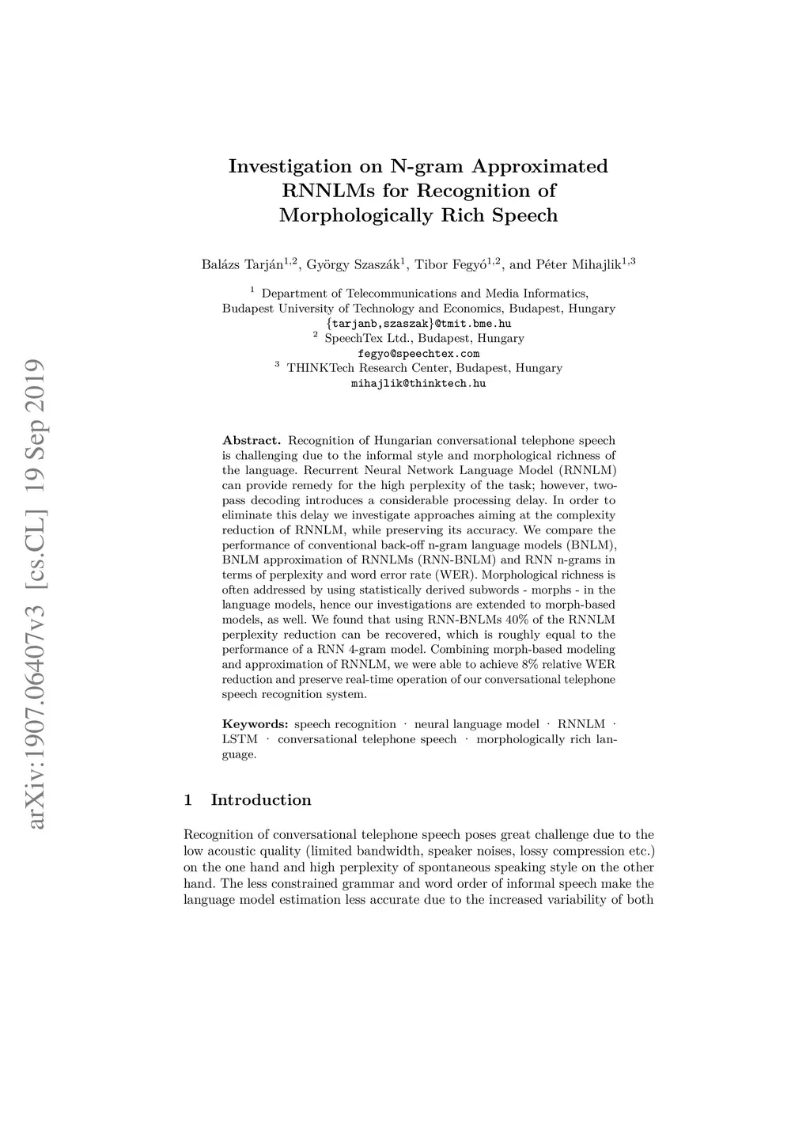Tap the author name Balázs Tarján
click(x=243, y=265)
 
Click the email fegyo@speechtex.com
click(x=418, y=354)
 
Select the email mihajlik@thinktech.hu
click(x=418, y=384)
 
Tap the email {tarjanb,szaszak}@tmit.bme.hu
click(x=418, y=324)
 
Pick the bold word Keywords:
click(x=255, y=724)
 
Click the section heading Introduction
click(x=261, y=800)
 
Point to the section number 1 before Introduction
click(x=187, y=800)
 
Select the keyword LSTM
click(x=240, y=739)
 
